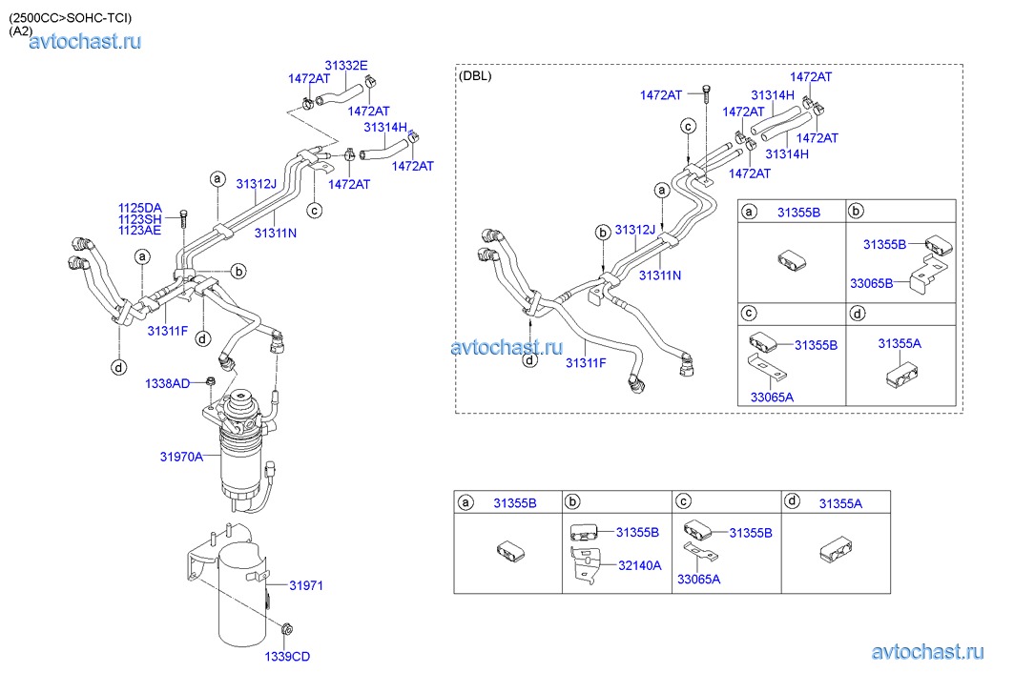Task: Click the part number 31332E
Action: click(347, 66)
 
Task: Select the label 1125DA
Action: click(139, 208)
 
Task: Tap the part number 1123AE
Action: click(139, 230)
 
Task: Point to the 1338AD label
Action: click(168, 383)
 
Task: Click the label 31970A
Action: click(181, 458)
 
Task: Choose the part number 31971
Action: click(307, 585)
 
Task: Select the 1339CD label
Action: click(288, 656)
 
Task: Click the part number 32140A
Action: click(639, 565)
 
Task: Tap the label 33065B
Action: click(871, 283)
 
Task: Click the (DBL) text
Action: click(476, 76)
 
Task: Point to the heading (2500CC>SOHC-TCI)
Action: click(71, 17)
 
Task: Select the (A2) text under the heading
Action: click(20, 31)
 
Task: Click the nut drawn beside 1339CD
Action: click(287, 628)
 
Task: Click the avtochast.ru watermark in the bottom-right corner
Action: click(926, 652)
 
